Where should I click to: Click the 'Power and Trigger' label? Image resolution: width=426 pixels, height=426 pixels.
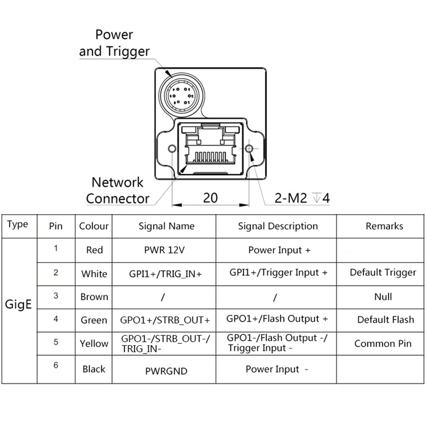pyautogui.click(x=114, y=43)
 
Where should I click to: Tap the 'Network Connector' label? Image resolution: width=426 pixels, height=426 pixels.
pyautogui.click(x=118, y=190)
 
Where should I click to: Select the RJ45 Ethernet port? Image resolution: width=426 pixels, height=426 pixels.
pyautogui.click(x=210, y=148)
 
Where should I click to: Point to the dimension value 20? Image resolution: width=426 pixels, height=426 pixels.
pyautogui.click(x=210, y=198)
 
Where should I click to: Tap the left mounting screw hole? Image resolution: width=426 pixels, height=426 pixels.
pyautogui.click(x=172, y=149)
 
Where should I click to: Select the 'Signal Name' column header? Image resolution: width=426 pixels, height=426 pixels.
pyautogui.click(x=166, y=226)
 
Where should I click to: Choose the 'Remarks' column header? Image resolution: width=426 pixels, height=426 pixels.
pyautogui.click(x=384, y=226)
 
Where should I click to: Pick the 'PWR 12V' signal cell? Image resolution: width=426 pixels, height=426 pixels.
pyautogui.click(x=164, y=250)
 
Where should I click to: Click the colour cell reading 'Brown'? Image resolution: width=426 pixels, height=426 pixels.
pyautogui.click(x=94, y=296)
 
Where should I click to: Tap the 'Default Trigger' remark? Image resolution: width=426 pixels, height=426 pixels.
pyautogui.click(x=383, y=273)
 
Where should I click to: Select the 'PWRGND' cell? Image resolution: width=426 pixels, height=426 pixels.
pyautogui.click(x=166, y=371)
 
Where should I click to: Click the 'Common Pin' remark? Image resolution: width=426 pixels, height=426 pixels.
pyautogui.click(x=383, y=343)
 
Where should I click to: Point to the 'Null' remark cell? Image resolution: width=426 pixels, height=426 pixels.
pyautogui.click(x=383, y=296)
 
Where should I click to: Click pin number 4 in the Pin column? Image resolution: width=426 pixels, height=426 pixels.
pyautogui.click(x=56, y=319)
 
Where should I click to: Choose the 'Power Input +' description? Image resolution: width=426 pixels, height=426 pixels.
pyautogui.click(x=279, y=250)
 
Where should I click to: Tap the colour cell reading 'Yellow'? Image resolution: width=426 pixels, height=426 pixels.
pyautogui.click(x=94, y=343)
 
